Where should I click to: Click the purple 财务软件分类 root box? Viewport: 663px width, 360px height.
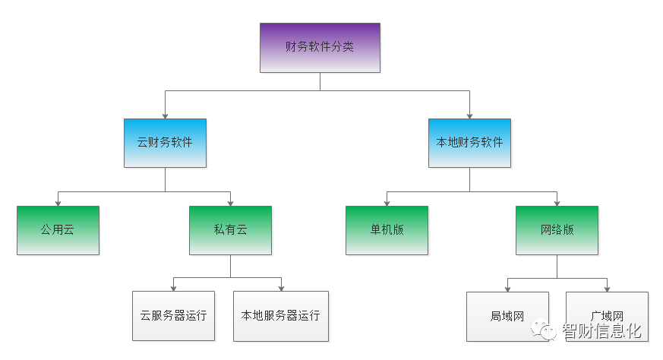point(320,47)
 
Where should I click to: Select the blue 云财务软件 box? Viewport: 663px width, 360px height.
point(165,143)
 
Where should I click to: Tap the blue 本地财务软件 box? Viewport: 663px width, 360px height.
point(469,143)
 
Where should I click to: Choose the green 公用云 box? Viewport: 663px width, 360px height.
point(58,230)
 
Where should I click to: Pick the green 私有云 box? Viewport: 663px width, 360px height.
point(230,230)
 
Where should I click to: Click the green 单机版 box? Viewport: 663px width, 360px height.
point(387,230)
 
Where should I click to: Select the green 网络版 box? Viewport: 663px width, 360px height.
point(557,230)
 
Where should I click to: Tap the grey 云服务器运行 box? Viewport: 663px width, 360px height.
point(173,316)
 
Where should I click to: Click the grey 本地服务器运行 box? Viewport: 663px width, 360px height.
point(281,316)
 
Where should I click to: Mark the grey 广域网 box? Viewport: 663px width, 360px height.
point(607,316)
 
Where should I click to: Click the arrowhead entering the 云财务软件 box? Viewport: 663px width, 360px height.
point(165,115)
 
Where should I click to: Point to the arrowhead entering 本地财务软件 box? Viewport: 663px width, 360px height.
point(469,115)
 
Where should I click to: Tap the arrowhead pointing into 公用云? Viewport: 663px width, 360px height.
point(58,203)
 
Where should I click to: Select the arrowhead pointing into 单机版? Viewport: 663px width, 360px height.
point(387,203)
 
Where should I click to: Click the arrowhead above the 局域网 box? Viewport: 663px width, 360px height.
point(507,289)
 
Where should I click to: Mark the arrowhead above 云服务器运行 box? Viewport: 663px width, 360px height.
point(173,288)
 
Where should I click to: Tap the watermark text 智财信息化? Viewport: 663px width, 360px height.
point(601,332)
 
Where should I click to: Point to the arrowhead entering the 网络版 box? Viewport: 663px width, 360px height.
point(557,203)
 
